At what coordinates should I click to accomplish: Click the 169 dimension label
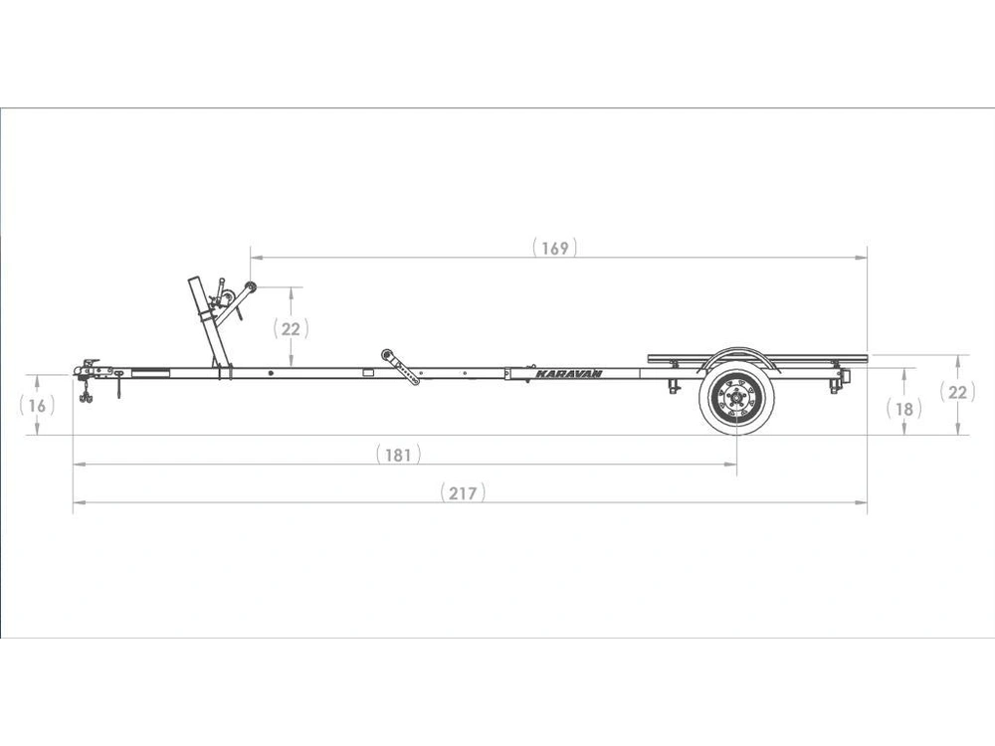tap(555, 248)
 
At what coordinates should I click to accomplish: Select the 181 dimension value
tap(399, 455)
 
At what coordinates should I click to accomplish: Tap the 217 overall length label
tap(464, 493)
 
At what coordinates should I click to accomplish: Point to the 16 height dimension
tap(38, 406)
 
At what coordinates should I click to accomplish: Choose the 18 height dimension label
tap(904, 409)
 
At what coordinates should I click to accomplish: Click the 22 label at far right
tap(957, 393)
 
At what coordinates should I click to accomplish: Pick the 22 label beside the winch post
tap(291, 329)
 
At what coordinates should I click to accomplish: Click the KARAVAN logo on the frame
tap(568, 374)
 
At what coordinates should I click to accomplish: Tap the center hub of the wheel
tap(736, 399)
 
